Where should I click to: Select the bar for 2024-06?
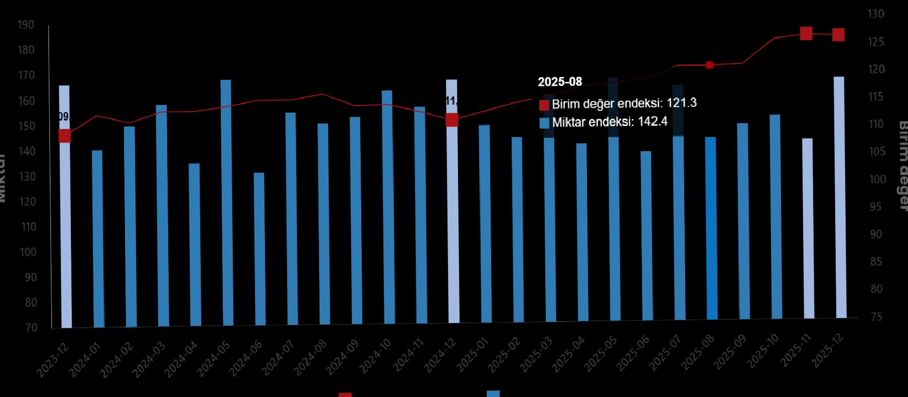pyautogui.click(x=259, y=249)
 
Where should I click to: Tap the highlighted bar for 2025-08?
pyautogui.click(x=711, y=228)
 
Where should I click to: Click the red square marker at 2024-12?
pyautogui.click(x=452, y=120)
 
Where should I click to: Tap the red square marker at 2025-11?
pyautogui.click(x=806, y=34)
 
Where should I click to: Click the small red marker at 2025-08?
pyautogui.click(x=710, y=65)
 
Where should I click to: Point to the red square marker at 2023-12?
pyautogui.click(x=65, y=136)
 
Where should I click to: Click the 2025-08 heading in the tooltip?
pyautogui.click(x=560, y=82)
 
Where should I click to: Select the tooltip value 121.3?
pyautogui.click(x=682, y=103)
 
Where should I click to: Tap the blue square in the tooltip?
pyautogui.click(x=544, y=123)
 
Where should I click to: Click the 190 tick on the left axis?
pyautogui.click(x=26, y=25)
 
